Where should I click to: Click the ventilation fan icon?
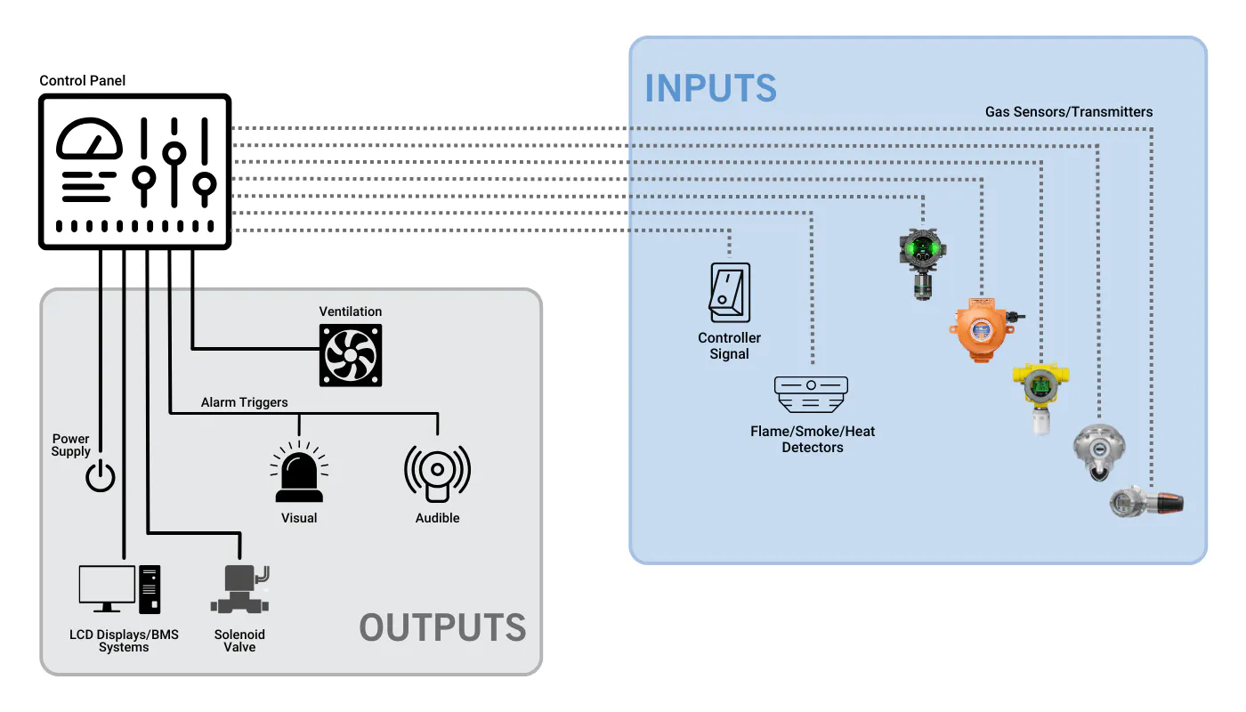tap(351, 355)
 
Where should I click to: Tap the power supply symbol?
tap(100, 476)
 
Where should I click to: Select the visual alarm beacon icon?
tap(299, 472)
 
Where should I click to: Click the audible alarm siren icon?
tap(437, 473)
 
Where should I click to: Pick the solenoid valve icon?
tap(239, 589)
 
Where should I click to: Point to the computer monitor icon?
tap(107, 588)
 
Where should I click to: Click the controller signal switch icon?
tap(729, 293)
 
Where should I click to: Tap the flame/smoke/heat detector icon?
tap(811, 394)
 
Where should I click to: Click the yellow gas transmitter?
tap(1040, 397)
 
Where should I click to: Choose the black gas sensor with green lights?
tap(922, 263)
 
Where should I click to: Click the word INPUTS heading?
tap(710, 88)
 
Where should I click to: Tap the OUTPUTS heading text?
tap(442, 627)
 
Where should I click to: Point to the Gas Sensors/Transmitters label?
tap(1069, 112)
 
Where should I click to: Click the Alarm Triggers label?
tap(244, 402)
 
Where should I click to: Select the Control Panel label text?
tap(82, 81)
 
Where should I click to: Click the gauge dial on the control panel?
tap(89, 139)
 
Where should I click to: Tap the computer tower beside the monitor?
tap(150, 589)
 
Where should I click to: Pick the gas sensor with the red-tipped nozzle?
tap(1146, 502)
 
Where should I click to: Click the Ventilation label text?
tap(351, 311)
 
